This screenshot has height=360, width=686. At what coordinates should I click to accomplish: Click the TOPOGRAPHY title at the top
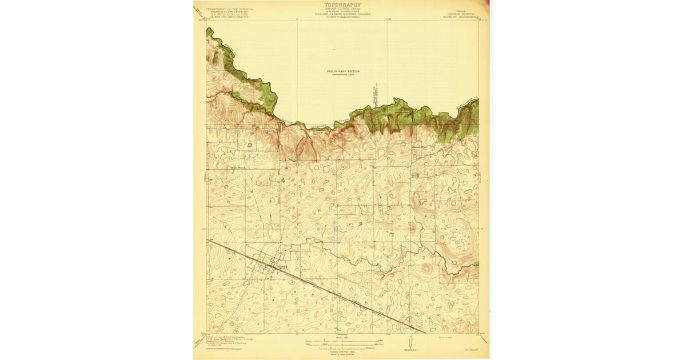pyautogui.click(x=342, y=5)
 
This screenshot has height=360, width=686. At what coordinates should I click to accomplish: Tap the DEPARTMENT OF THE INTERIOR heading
pyautogui.click(x=229, y=9)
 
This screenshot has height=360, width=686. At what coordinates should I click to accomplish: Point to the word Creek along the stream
pyautogui.click(x=334, y=124)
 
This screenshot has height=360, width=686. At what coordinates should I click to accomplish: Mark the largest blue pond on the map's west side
pyautogui.click(x=249, y=145)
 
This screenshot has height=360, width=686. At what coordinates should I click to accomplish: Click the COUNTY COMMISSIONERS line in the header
pyautogui.click(x=342, y=17)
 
